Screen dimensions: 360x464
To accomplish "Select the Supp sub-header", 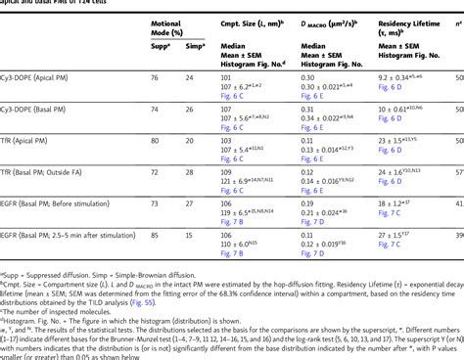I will coord(155,45).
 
